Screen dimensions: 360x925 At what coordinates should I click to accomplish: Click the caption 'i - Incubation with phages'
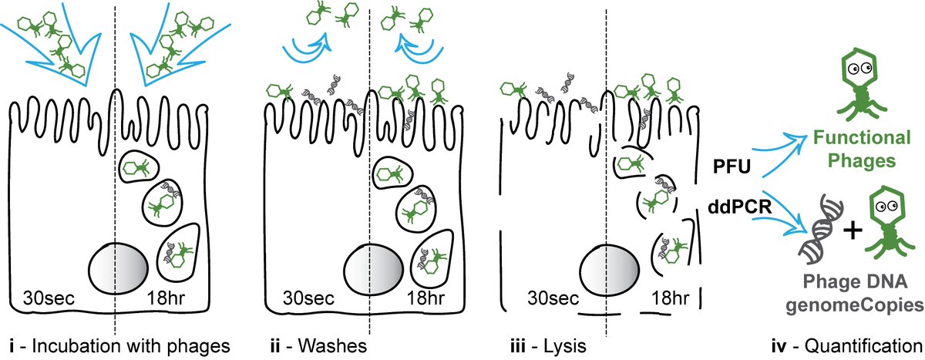(x=116, y=344)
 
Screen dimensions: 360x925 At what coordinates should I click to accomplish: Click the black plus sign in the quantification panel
(x=849, y=230)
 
